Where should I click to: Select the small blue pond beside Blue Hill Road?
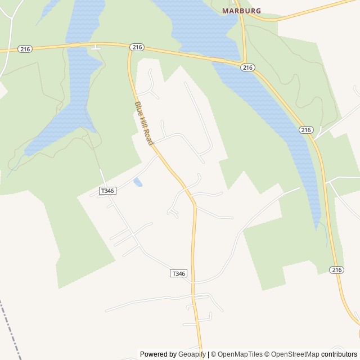[138, 182]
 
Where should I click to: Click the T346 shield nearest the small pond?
[107, 191]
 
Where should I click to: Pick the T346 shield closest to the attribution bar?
[178, 273]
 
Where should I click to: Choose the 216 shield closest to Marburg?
[247, 67]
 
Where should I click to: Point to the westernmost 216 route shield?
[25, 49]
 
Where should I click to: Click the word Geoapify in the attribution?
[192, 354]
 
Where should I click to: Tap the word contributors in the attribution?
[339, 354]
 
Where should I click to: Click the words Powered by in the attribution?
[159, 354]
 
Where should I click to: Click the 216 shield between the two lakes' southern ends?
[305, 130]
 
